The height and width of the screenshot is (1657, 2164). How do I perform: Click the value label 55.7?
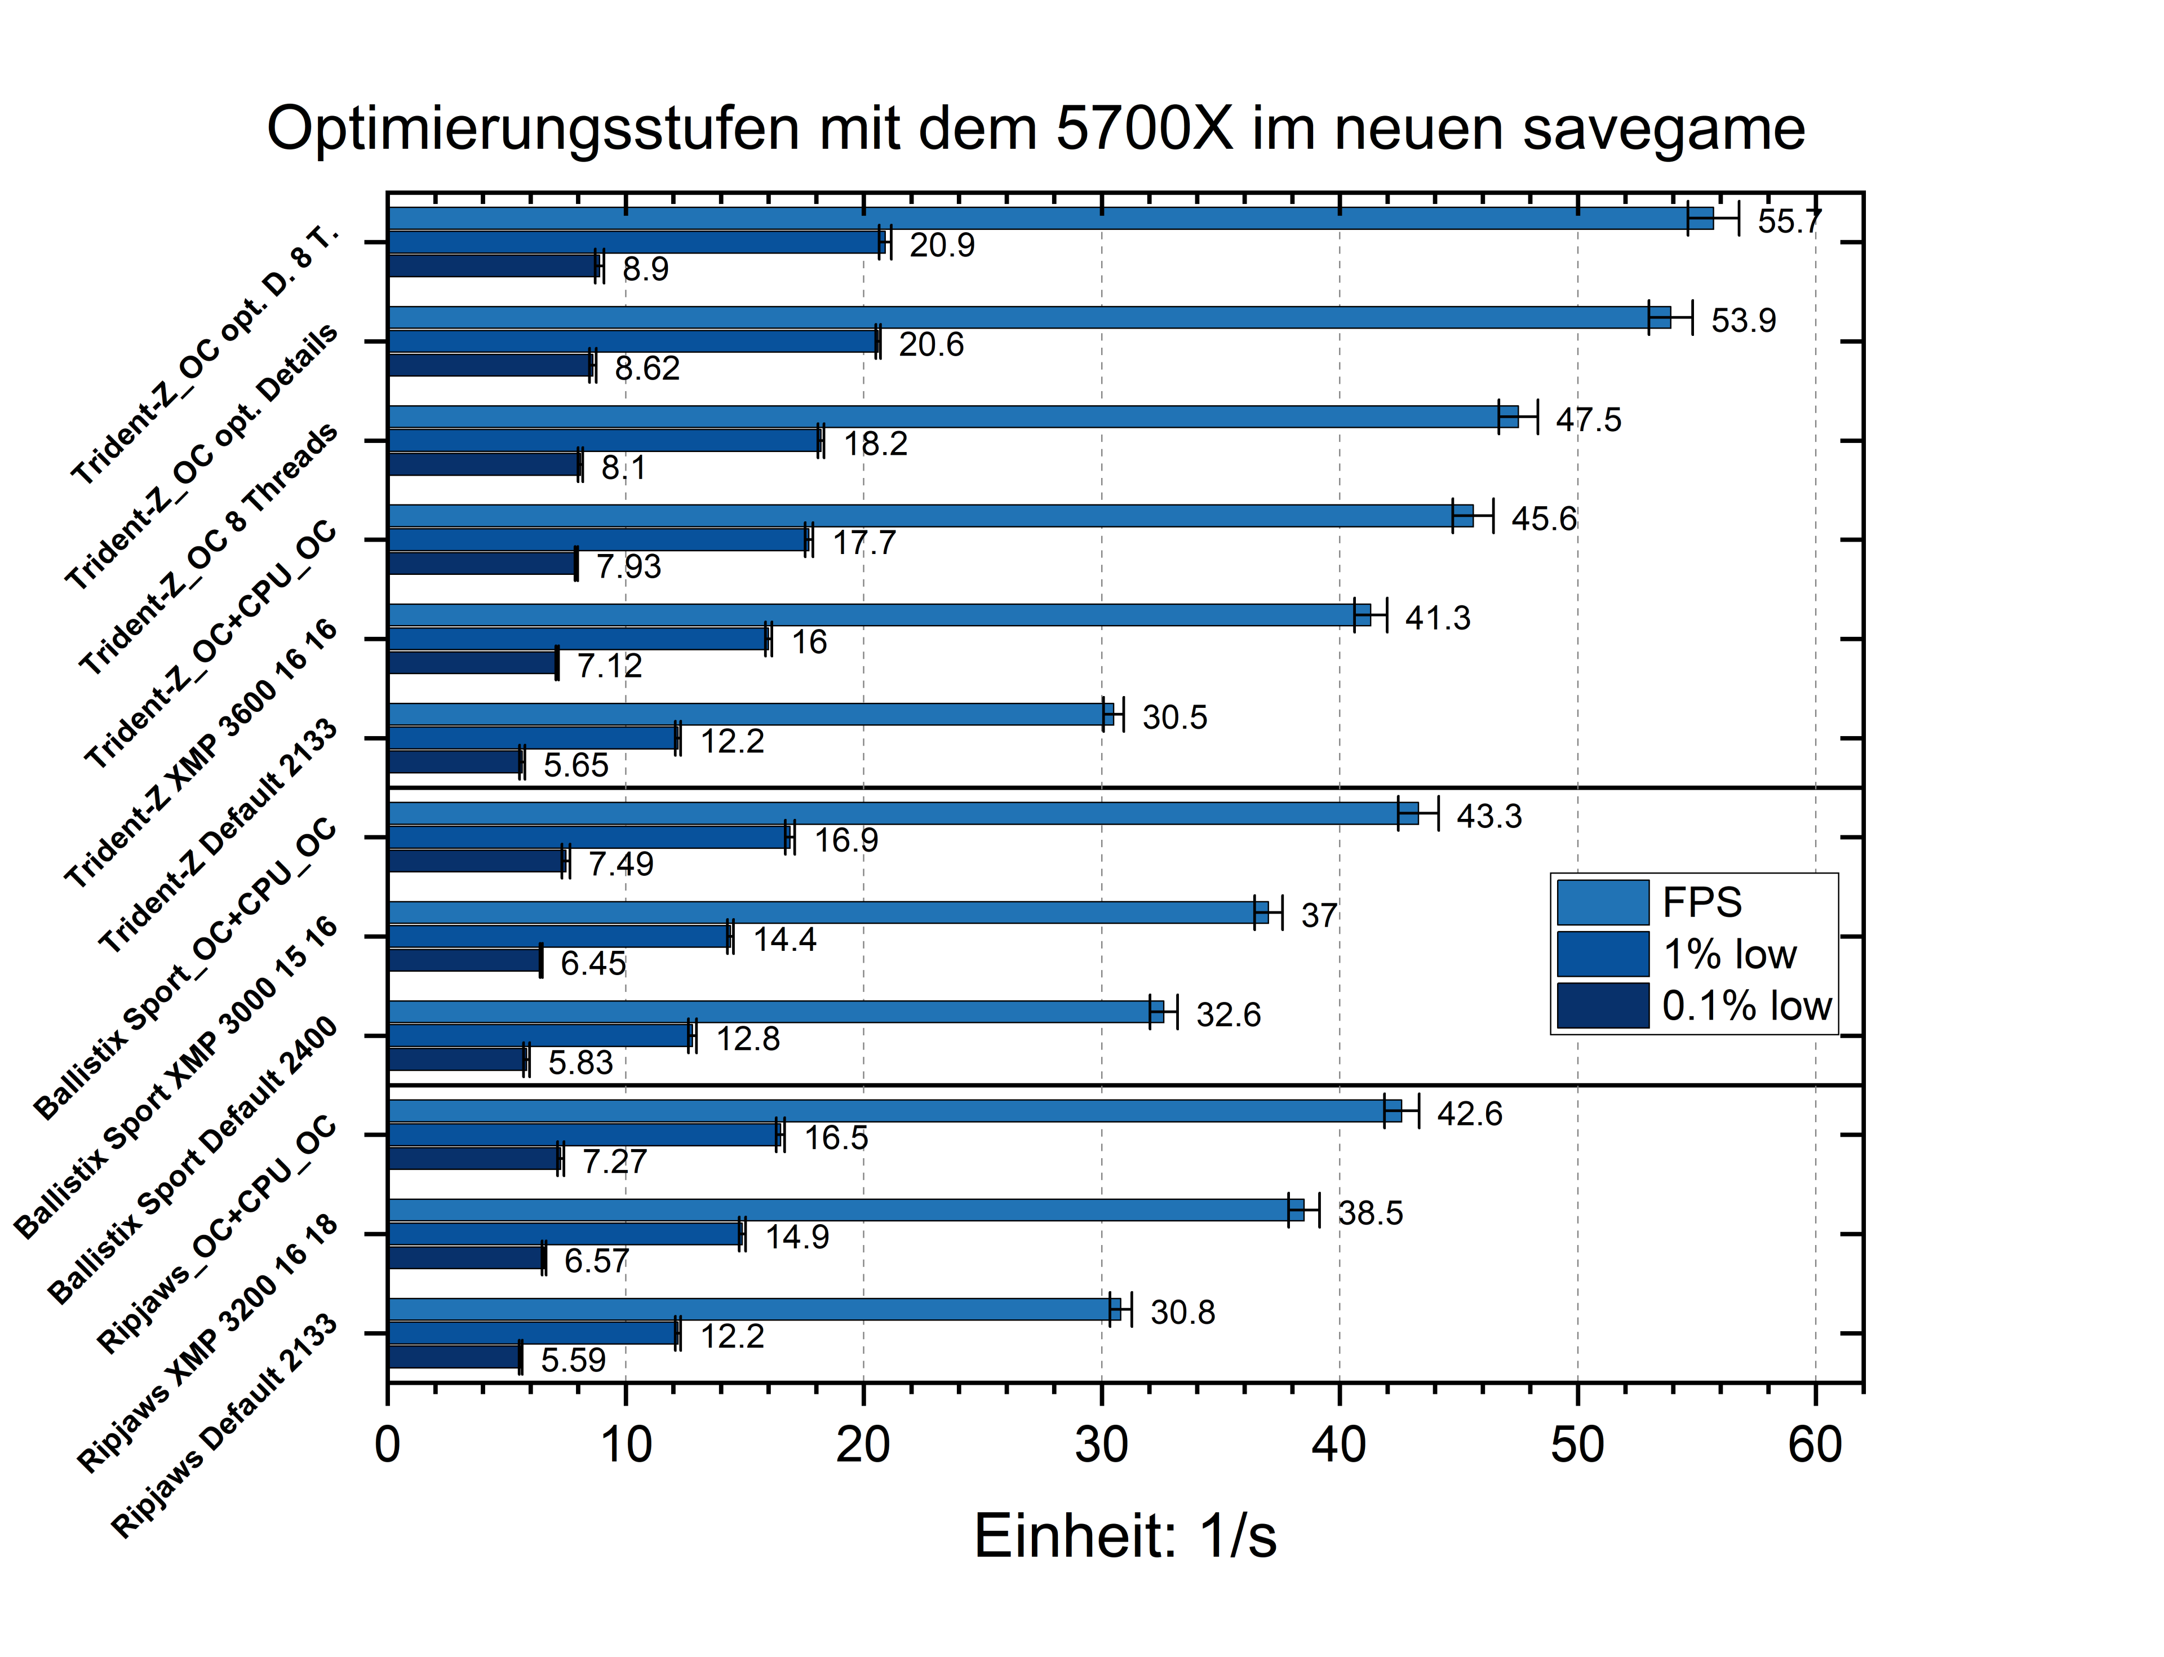pos(1788,221)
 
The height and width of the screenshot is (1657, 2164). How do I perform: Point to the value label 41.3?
pos(1437,618)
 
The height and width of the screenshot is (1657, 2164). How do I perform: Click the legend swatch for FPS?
pos(1602,902)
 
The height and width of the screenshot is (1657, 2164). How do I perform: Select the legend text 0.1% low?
pos(1746,1006)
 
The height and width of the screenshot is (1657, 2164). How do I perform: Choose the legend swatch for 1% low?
pos(1602,954)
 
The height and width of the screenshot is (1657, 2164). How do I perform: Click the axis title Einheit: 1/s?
pos(1124,1536)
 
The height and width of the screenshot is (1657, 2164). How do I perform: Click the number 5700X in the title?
pos(1143,129)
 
